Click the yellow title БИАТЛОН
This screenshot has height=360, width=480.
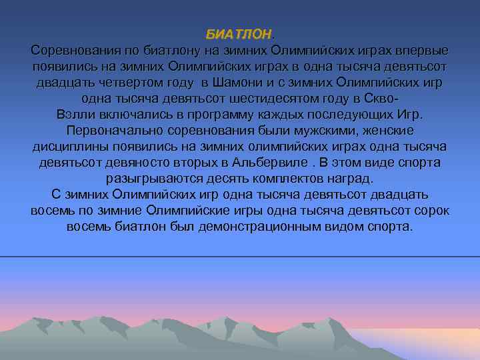(239, 34)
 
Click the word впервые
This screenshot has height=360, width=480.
(424, 51)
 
